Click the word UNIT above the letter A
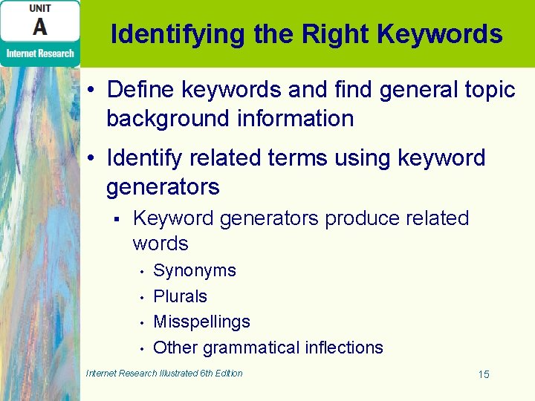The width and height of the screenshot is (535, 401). pyautogui.click(x=40, y=8)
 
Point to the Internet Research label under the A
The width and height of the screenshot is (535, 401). pyautogui.click(x=40, y=53)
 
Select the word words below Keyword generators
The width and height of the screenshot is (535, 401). pyautogui.click(x=160, y=244)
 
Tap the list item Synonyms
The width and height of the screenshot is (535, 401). pyautogui.click(x=195, y=270)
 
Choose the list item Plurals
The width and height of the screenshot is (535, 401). pyautogui.click(x=180, y=296)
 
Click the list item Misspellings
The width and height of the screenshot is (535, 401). pyautogui.click(x=201, y=322)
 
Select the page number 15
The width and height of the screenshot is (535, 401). pyautogui.click(x=484, y=374)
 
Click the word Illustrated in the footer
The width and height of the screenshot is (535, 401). pyautogui.click(x=178, y=373)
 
